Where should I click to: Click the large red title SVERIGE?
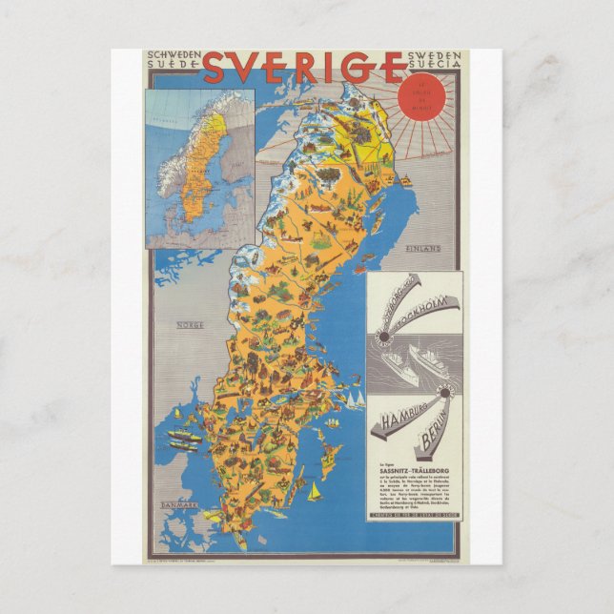303,68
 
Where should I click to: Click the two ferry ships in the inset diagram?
410,363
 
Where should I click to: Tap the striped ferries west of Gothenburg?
183,439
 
